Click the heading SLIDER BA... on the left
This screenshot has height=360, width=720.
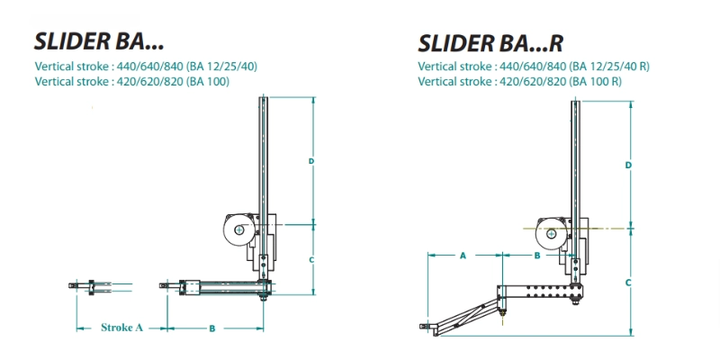[x=99, y=40]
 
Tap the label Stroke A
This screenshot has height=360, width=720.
[x=121, y=328]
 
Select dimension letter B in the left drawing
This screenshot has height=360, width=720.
[x=211, y=328]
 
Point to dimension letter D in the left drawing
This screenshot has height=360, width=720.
[x=310, y=161]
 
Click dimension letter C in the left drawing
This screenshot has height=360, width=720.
[x=310, y=259]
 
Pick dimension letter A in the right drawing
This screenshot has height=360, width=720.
[x=463, y=256]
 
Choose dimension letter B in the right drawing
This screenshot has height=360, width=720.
[x=537, y=256]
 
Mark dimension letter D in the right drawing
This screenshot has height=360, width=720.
[x=628, y=166]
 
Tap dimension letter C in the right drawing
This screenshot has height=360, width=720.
[x=628, y=282]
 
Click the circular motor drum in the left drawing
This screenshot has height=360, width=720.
[x=238, y=231]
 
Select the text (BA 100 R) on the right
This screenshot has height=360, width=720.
[x=593, y=81]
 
